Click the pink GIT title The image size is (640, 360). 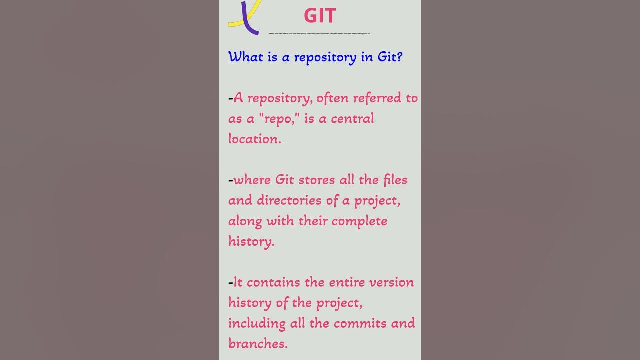point(320,16)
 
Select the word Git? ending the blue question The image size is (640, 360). point(390,57)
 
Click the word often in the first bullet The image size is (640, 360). point(333,98)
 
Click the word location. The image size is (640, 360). point(255,139)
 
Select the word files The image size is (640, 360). point(395,180)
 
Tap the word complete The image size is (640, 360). point(359,221)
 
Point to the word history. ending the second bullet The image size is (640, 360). point(251,241)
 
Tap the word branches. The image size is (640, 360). point(258,344)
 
